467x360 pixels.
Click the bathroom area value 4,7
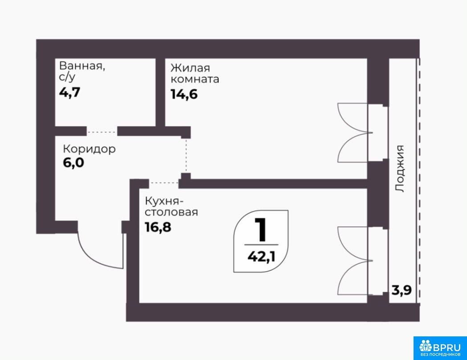(70, 93)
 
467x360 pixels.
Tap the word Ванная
(82, 66)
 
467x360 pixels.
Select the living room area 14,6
(184, 94)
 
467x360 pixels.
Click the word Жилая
(190, 68)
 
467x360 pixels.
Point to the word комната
(195, 79)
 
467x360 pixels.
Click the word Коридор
(90, 149)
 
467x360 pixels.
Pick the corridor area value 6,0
(74, 163)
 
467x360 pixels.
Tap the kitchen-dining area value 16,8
(158, 227)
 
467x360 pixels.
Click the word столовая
(172, 213)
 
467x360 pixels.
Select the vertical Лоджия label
(400, 168)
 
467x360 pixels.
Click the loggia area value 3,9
(402, 290)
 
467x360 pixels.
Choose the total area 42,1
(262, 257)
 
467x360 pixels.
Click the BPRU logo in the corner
(440, 348)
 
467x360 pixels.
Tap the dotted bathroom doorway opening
(102, 132)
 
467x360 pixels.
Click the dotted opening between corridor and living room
(186, 156)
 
